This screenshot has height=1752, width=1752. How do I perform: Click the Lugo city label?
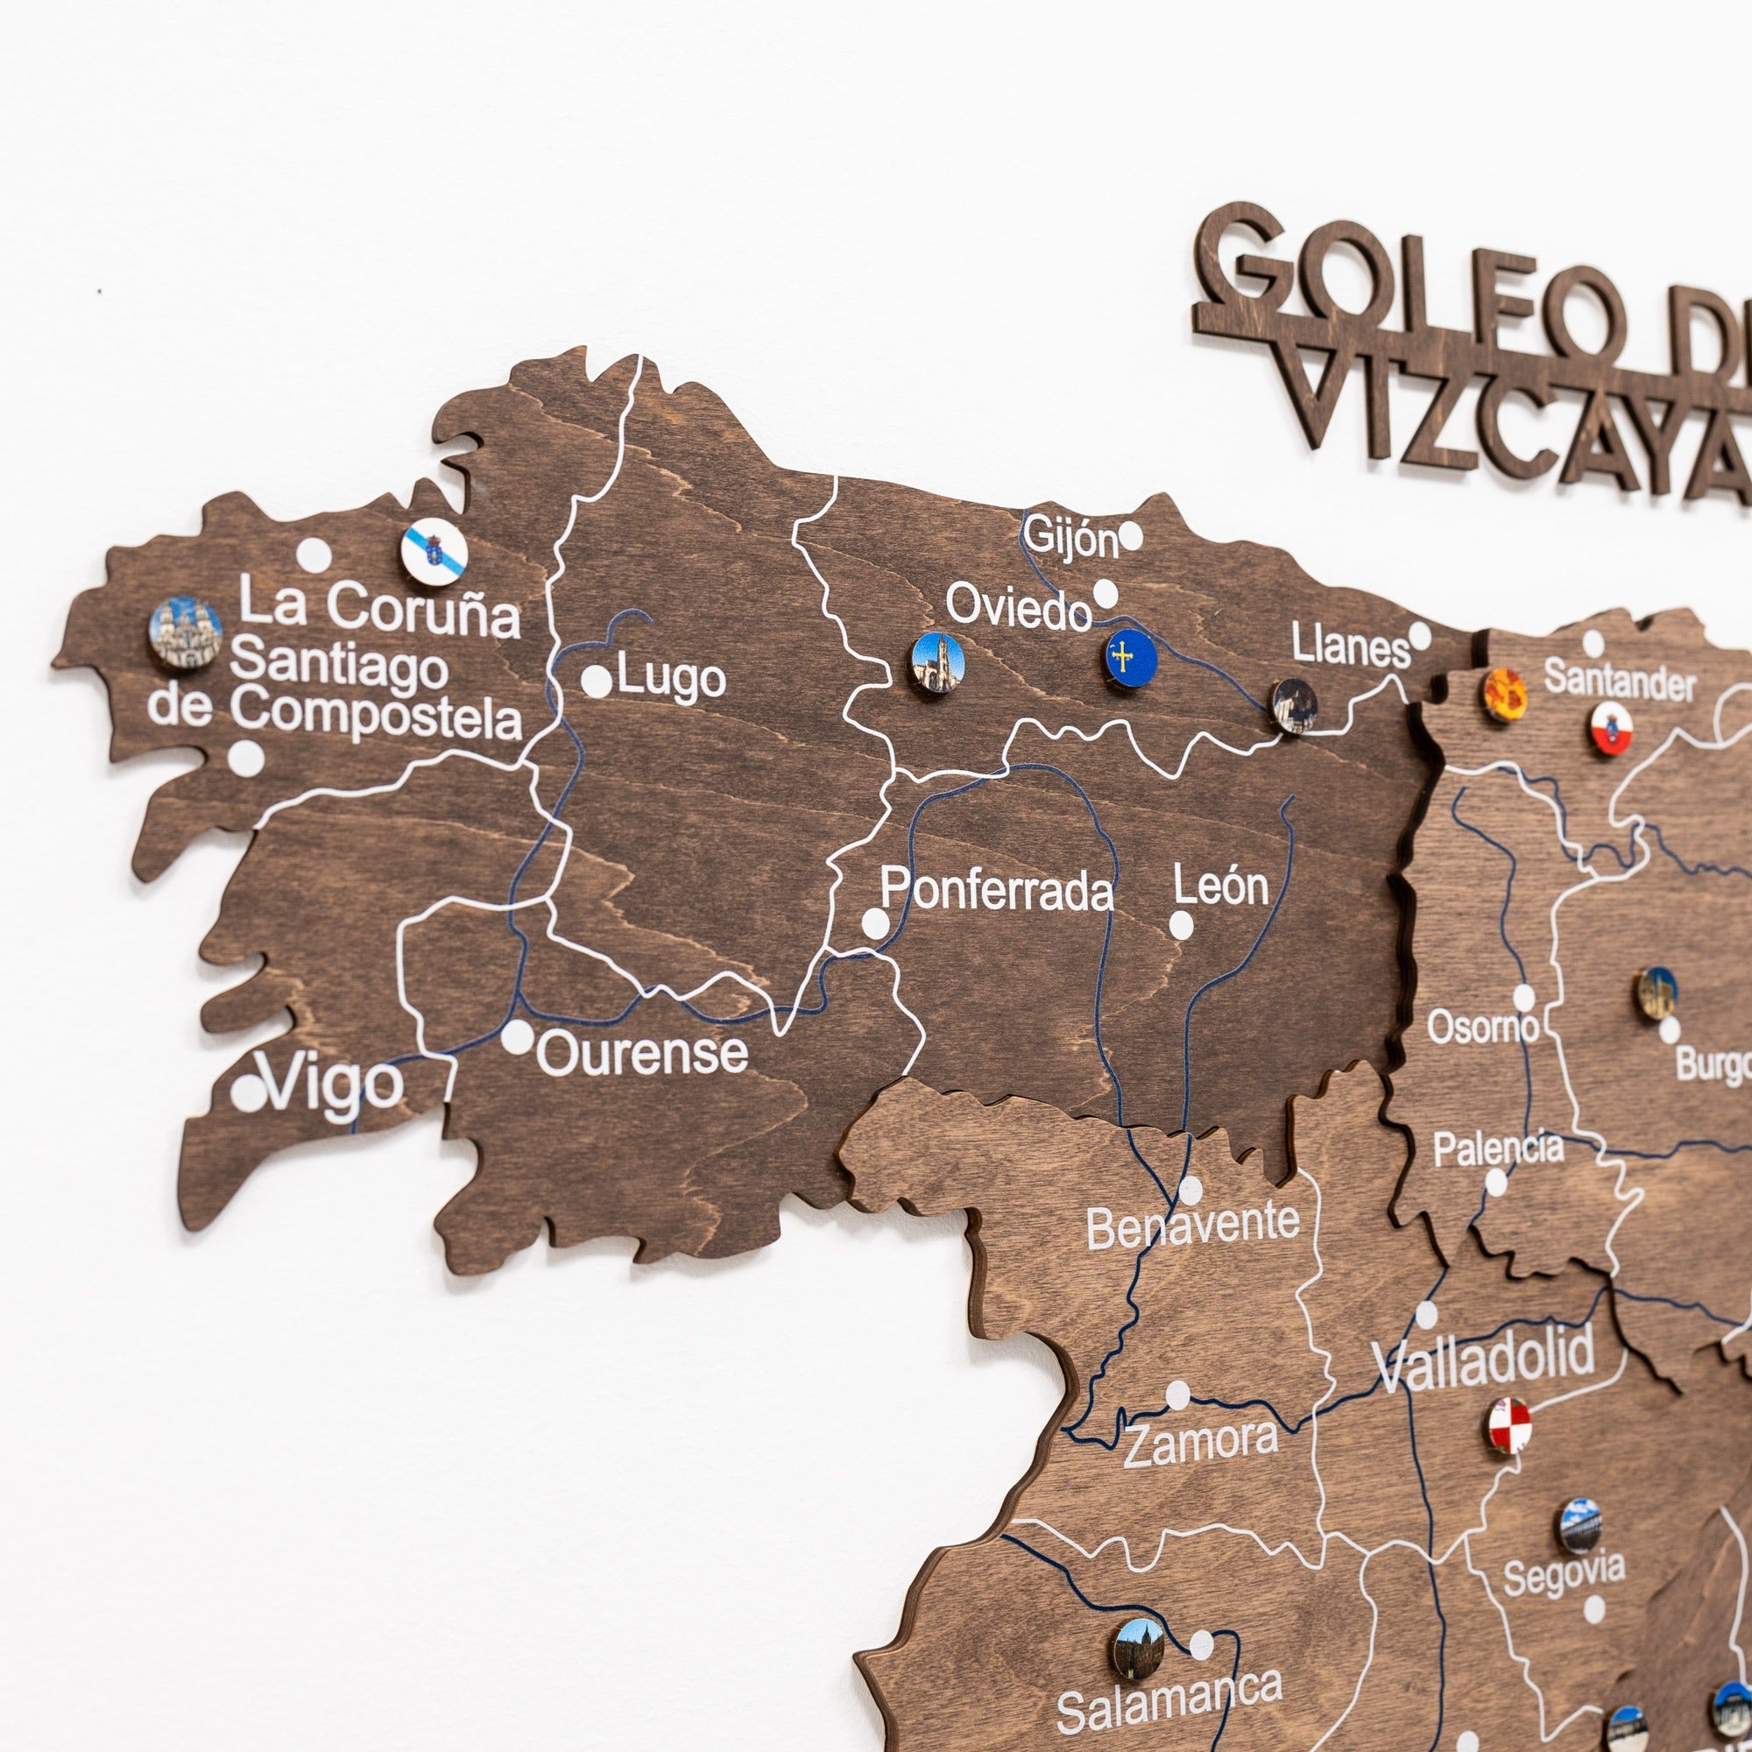click(x=671, y=678)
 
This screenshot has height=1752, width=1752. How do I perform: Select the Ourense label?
click(x=642, y=1053)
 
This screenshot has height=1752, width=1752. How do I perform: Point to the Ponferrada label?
click(x=997, y=890)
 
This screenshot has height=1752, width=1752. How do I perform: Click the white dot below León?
click(x=1181, y=925)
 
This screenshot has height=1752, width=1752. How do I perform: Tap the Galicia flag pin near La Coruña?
click(x=434, y=552)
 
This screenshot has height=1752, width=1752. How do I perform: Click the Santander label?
click(x=1619, y=681)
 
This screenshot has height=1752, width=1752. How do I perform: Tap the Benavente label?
click(x=1192, y=1226)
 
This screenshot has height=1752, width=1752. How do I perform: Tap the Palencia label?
click(x=1498, y=1149)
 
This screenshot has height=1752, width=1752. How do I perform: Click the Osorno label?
click(x=1483, y=1028)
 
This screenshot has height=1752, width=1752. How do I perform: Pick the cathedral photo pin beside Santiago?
click(x=186, y=632)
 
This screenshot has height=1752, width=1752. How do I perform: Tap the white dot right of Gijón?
click(x=1131, y=537)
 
